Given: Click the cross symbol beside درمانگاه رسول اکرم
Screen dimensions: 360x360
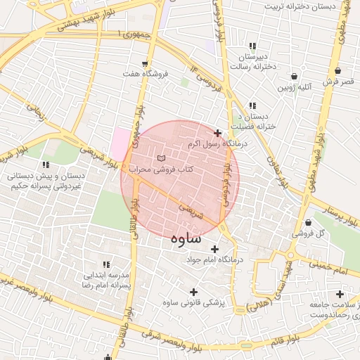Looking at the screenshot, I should [x=217, y=133].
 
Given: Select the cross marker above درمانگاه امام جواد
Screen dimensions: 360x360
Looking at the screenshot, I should [x=214, y=249].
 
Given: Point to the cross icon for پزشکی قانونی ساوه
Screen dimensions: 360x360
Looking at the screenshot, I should [x=193, y=292].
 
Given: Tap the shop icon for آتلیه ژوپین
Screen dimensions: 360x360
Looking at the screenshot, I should [x=294, y=77].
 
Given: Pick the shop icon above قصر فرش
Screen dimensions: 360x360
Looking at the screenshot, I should [x=339, y=71].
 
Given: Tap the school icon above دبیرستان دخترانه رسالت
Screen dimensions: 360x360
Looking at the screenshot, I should [x=252, y=46].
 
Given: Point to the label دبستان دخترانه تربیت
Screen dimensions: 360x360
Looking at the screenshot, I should [x=298, y=6].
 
